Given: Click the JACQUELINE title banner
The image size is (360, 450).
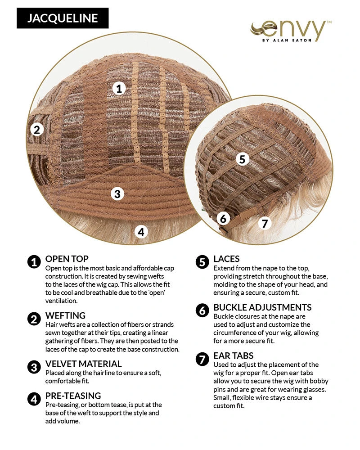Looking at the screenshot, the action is coord(63,18).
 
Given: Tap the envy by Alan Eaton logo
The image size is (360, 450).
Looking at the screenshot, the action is coord(291,31).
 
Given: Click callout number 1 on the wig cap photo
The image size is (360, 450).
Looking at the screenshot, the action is coord(119,88).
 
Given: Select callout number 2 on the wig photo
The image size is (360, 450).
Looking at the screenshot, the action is coord(37,130).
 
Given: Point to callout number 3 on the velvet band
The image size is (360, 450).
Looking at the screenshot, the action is coord(117,193).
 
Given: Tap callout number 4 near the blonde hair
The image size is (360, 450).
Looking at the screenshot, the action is coord(141,232).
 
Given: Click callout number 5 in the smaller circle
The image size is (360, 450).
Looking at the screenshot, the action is coord(242,159).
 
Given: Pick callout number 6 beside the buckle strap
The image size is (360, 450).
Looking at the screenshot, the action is coord(223,219).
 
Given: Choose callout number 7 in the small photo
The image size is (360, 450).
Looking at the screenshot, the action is coord(265,223).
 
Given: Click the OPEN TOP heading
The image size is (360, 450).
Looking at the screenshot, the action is coord(67,259).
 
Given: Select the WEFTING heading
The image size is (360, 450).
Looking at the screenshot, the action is coord(65,316).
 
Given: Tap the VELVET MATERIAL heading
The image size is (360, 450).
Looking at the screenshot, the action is coord(84,364).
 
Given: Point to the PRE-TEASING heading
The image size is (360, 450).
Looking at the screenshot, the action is coord(73,396).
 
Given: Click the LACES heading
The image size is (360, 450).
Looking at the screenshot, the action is coord(226,259).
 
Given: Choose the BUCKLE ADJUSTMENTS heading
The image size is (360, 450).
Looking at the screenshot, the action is coord(262,307).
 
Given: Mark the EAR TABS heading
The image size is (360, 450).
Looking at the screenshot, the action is coord(234,356).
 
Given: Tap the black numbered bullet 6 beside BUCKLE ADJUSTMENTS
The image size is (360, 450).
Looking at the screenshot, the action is coord(202,310).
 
